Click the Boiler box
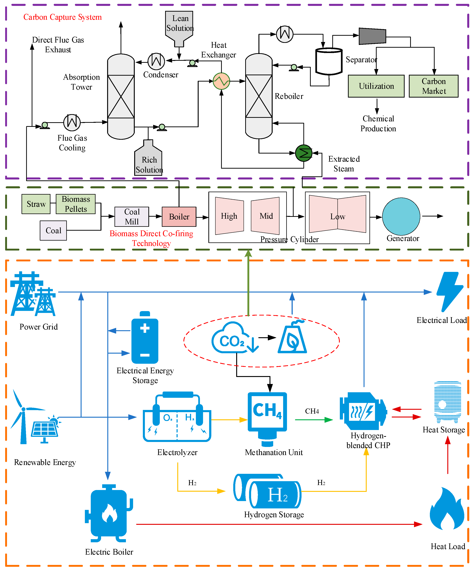(179, 217)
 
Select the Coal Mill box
(132, 217)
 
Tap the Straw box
(36, 204)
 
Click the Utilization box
(376, 86)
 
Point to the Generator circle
(401, 216)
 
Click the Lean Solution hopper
(179, 26)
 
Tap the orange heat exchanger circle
(221, 81)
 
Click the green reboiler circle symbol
(304, 153)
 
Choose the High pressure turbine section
(229, 216)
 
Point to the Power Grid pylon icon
(33, 294)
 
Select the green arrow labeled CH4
(314, 420)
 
